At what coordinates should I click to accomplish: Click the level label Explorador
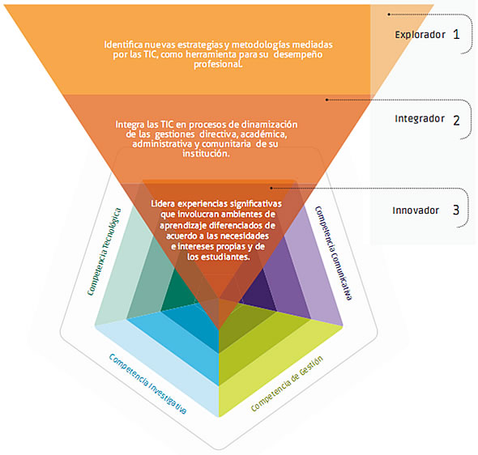coord(420,35)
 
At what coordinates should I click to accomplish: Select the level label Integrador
coord(420,119)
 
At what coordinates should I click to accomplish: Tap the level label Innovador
coord(416,210)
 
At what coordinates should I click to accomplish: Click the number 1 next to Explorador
coord(456,34)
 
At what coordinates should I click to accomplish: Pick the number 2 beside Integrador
coord(456,121)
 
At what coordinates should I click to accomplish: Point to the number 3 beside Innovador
coord(456,210)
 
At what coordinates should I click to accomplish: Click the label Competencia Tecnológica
coord(104,252)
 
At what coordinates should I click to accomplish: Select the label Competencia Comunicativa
coord(334,253)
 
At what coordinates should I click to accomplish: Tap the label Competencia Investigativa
coord(147,384)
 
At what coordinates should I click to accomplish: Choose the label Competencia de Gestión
coord(287,384)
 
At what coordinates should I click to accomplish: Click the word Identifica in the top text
coord(123,45)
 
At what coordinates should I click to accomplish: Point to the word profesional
coord(218,64)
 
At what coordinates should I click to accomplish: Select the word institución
coord(206,154)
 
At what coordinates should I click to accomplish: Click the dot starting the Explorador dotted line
coord(389,15)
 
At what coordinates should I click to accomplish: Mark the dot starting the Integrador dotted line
coord(326,100)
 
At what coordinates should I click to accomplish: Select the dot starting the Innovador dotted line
coord(271,188)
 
